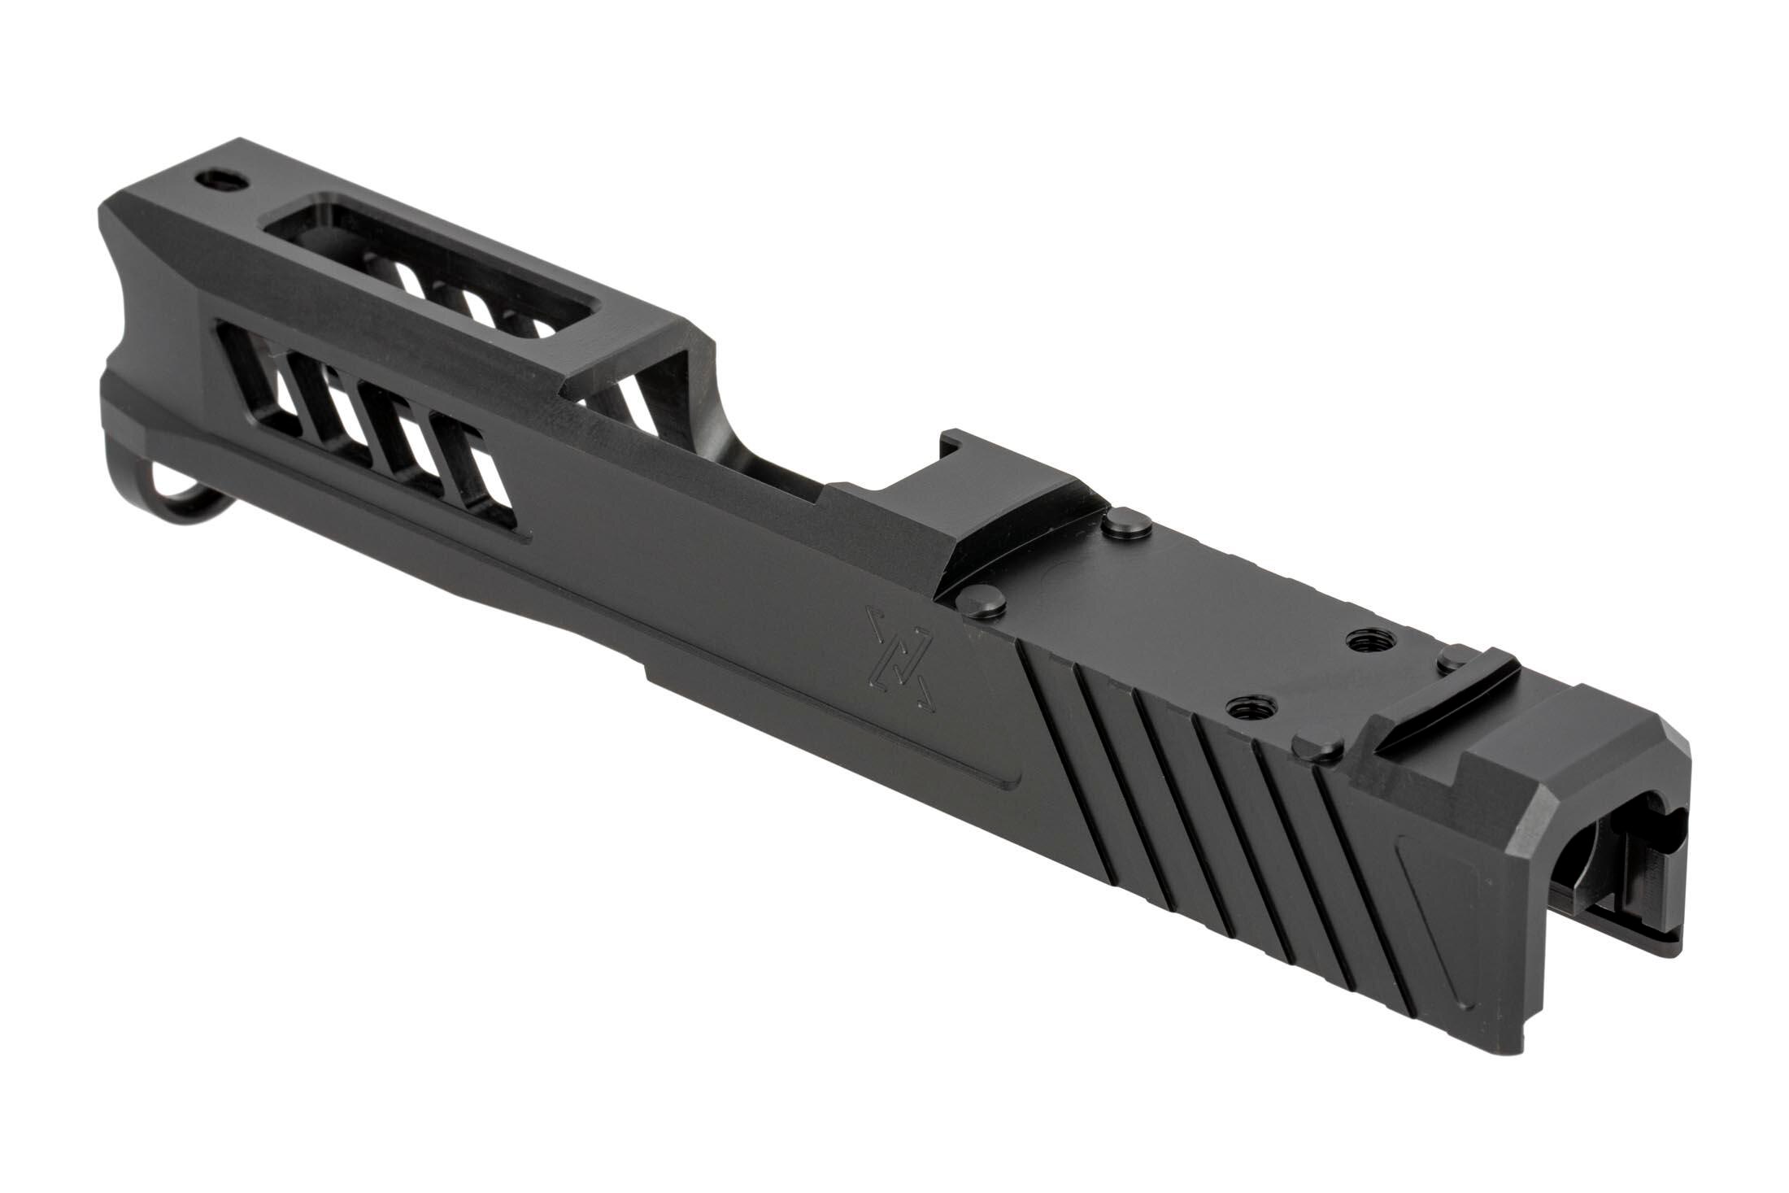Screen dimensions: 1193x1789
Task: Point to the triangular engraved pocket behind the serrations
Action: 1456,903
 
